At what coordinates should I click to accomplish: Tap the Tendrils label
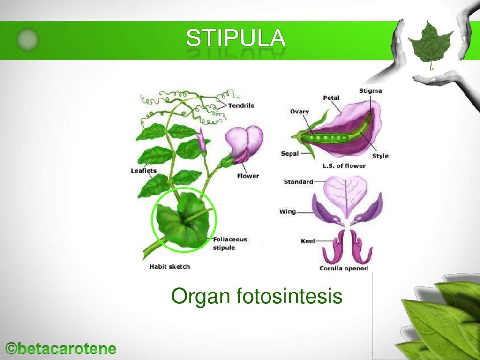coord(241,105)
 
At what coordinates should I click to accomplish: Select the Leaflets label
coord(143,171)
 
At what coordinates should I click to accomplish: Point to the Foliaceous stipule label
coord(230,243)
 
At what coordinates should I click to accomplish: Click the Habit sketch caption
coord(170,267)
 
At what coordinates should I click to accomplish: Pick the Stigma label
coord(370,90)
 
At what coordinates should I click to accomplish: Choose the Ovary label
coord(299,112)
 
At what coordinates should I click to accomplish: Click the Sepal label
coord(290,153)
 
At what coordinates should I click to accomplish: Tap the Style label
coord(380,156)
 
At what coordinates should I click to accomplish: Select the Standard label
coord(298,182)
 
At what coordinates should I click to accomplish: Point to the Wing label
coord(287,211)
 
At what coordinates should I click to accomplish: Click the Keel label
coord(307,241)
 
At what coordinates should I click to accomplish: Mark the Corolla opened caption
coord(344,269)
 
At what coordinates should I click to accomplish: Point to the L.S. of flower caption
coord(344,166)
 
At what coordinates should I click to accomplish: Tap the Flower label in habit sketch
coord(247,176)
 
